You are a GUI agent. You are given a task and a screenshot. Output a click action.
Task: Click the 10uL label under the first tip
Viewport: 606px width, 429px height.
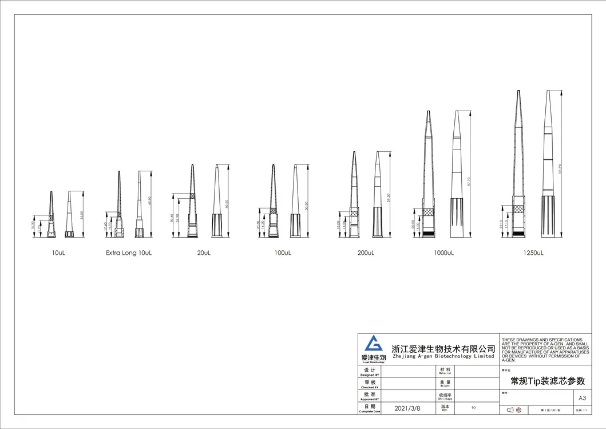point(58,253)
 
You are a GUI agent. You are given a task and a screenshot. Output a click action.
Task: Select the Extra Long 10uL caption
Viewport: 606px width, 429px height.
point(129,253)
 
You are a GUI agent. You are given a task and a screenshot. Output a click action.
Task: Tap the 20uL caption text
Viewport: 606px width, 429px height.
point(204,253)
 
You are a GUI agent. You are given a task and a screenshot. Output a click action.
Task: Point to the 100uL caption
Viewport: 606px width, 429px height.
point(283,253)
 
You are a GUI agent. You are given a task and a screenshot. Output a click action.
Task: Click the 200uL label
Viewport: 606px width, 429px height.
point(365,253)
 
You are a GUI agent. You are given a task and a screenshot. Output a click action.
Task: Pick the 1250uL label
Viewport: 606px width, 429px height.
point(532,253)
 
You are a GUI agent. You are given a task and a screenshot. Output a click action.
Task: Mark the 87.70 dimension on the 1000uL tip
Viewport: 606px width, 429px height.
point(469,182)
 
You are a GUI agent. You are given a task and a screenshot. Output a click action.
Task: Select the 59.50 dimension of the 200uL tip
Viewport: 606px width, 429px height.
point(389,198)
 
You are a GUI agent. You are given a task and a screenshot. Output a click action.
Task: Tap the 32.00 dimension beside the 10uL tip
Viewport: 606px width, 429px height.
point(82,215)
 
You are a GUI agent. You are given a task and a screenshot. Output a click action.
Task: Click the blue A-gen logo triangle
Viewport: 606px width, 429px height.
point(374,344)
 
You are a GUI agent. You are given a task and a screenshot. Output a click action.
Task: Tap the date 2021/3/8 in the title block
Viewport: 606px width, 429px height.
point(408,408)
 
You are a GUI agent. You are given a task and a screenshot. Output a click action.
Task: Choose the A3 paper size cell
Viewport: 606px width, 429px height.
point(582,397)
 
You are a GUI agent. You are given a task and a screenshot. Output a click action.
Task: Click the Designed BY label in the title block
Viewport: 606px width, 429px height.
point(369,372)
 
